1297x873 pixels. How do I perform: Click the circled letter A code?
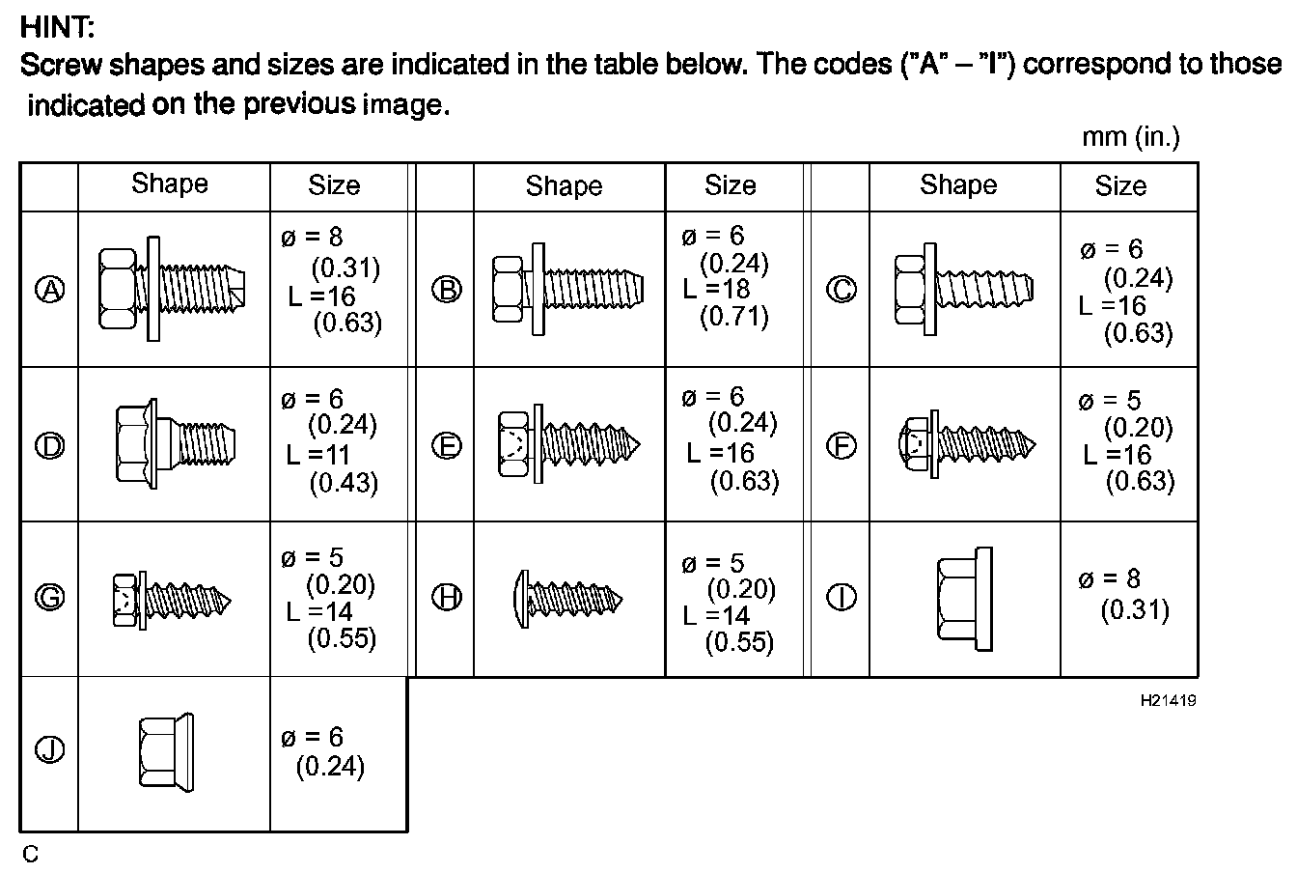[49, 290]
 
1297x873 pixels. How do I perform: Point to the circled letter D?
[49, 445]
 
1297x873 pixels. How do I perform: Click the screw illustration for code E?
[567, 445]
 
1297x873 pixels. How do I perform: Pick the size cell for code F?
[1127, 441]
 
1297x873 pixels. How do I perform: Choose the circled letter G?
[49, 598]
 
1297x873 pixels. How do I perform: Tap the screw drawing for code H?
[566, 599]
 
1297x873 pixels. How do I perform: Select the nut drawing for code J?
[155, 752]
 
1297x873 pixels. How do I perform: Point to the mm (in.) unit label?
[1130, 137]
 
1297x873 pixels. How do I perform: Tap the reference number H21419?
[1168, 700]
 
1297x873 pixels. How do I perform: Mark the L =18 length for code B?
[716, 289]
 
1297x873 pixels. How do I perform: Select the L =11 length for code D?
[317, 454]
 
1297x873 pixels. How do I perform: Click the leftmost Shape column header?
[170, 184]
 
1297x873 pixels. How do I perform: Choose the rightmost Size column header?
[1120, 185]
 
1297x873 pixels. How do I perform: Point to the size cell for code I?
[1123, 595]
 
